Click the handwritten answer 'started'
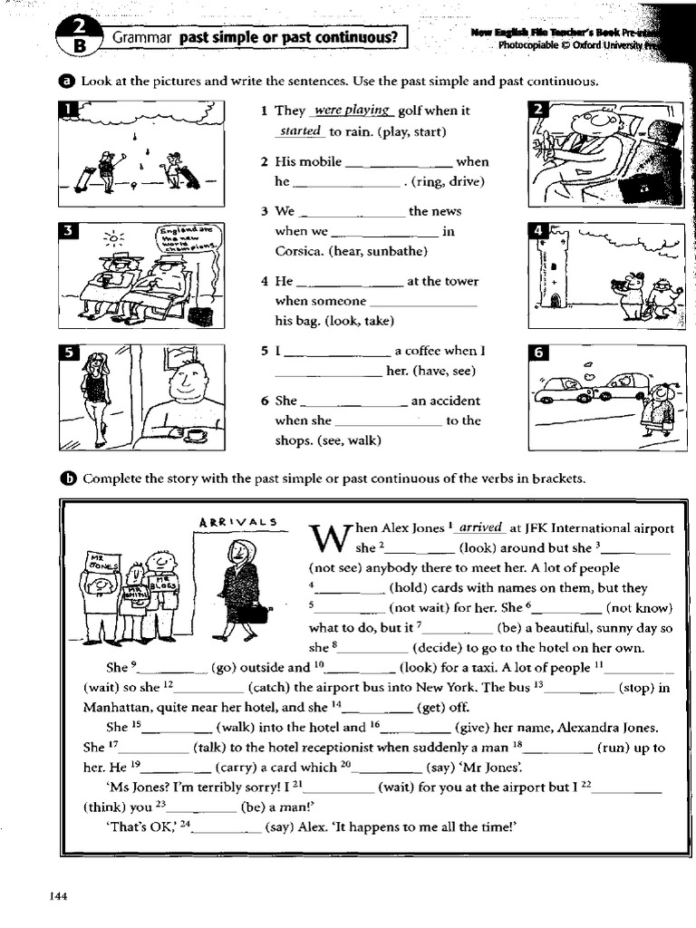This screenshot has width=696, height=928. [x=300, y=131]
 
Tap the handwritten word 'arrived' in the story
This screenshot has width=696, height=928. [x=480, y=527]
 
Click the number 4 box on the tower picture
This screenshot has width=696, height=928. [x=536, y=230]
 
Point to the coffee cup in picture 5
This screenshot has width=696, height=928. [x=196, y=435]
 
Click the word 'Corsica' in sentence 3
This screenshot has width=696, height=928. [x=300, y=250]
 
